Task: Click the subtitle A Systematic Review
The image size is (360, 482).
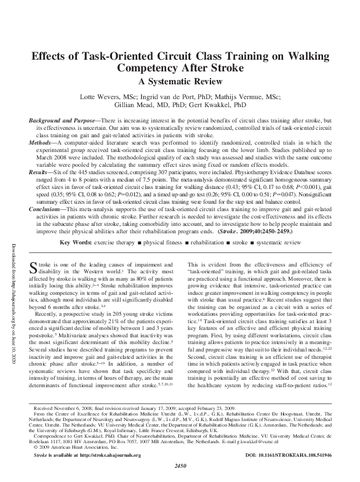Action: coord(179,81)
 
